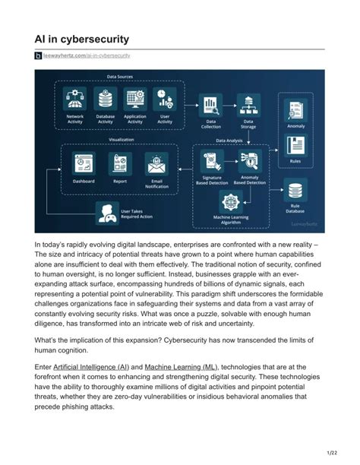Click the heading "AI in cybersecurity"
click(x=81, y=38)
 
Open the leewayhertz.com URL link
click(x=87, y=56)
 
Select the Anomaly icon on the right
click(x=296, y=110)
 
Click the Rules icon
click(x=296, y=145)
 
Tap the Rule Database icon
click(x=295, y=190)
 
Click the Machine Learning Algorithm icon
click(x=230, y=201)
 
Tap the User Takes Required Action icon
click(x=106, y=214)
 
